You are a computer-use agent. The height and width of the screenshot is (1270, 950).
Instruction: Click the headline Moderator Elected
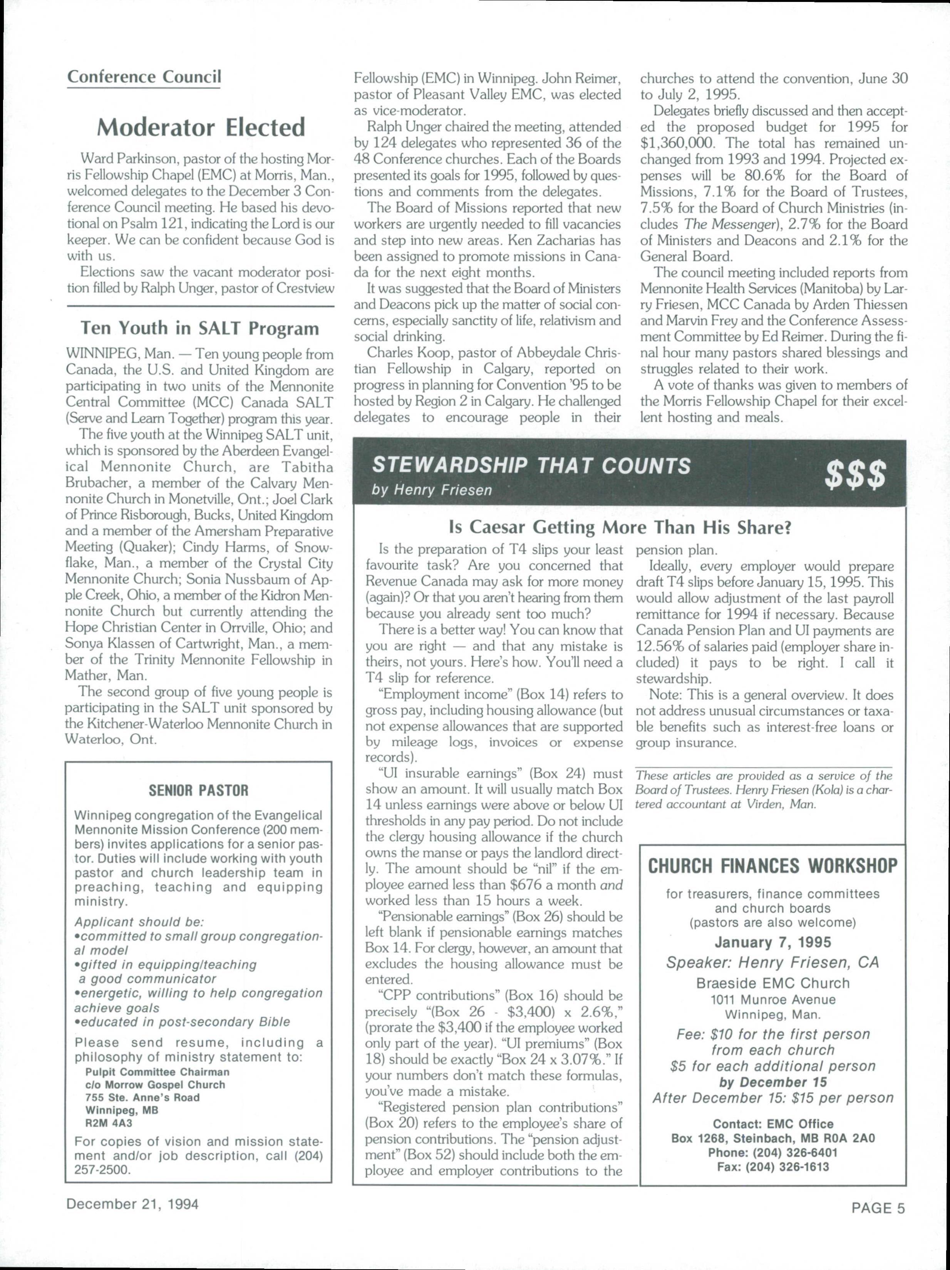point(201,127)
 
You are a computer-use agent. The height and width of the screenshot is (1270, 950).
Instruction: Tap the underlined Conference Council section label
point(144,77)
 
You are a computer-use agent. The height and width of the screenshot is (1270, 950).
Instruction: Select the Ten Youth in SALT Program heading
point(199,328)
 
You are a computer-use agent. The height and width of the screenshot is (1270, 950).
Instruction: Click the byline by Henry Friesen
point(432,490)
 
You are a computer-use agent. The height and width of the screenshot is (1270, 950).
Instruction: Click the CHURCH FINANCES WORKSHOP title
point(772,866)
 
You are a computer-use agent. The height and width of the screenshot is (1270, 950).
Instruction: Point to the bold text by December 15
point(772,1082)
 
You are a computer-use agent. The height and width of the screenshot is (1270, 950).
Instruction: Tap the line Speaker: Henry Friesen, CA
point(772,962)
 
